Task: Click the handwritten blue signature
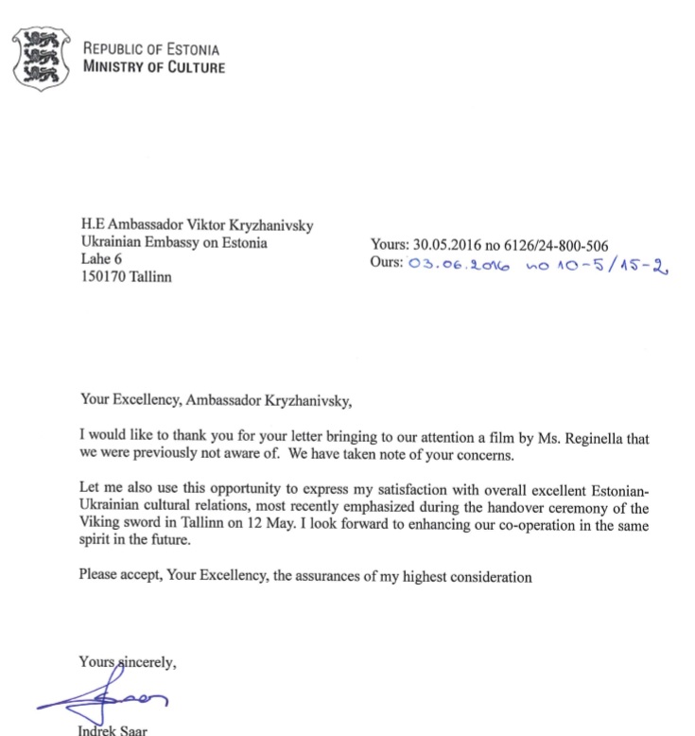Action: pyautogui.click(x=104, y=698)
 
